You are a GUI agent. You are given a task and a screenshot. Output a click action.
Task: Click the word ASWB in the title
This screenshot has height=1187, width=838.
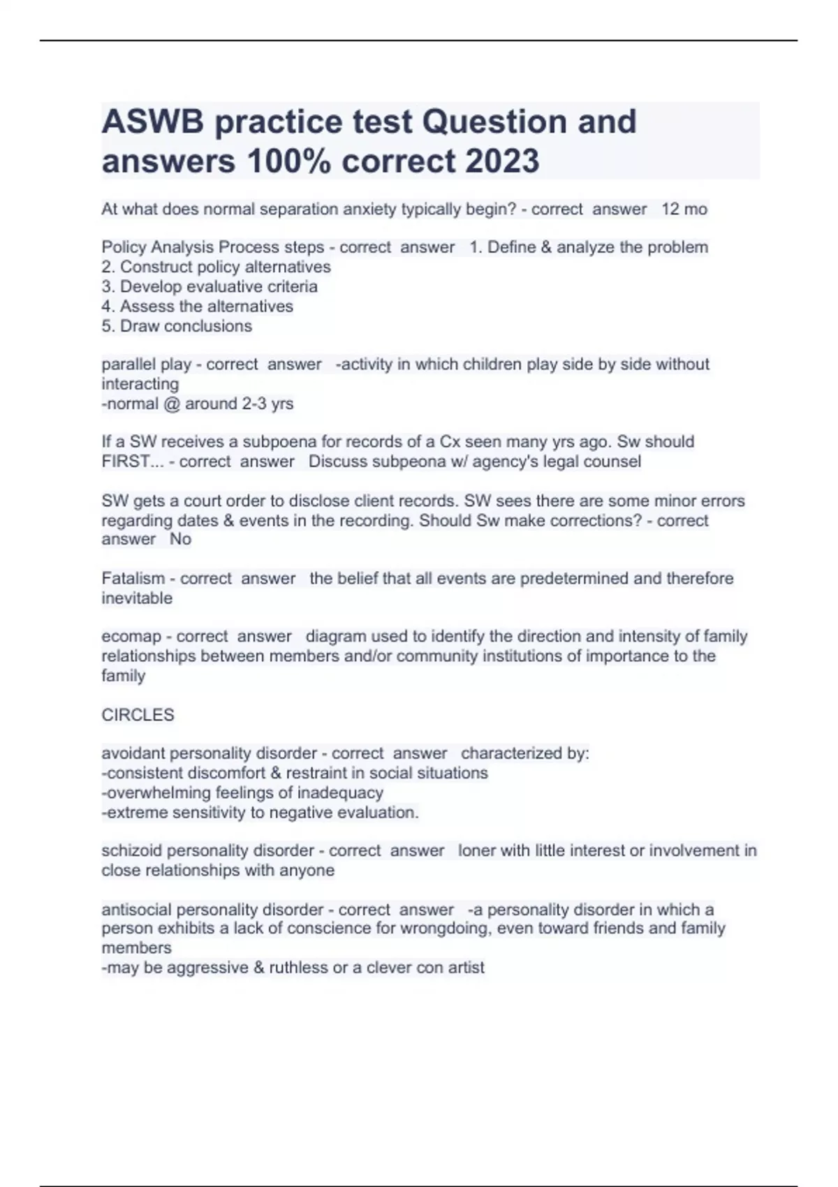pyautogui.click(x=153, y=122)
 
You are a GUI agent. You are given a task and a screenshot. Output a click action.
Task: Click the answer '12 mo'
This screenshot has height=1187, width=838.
pyautogui.click(x=684, y=209)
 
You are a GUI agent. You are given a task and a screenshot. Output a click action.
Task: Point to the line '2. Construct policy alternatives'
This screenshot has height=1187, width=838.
pyautogui.click(x=216, y=267)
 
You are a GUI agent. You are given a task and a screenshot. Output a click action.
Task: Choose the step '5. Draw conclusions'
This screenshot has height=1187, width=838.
pyautogui.click(x=177, y=326)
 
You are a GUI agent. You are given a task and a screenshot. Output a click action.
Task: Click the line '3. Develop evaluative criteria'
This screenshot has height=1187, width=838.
pyautogui.click(x=209, y=286)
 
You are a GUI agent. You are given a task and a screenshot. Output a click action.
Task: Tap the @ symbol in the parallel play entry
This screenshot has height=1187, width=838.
pyautogui.click(x=171, y=404)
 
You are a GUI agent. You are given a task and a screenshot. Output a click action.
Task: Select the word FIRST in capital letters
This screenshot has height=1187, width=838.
pyautogui.click(x=126, y=462)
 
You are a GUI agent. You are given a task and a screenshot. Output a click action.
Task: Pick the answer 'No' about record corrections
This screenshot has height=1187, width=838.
pyautogui.click(x=180, y=539)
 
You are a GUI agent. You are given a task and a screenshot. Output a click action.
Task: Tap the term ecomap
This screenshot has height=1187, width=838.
pyautogui.click(x=131, y=636)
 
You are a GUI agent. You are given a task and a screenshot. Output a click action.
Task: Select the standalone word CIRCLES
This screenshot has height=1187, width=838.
pyautogui.click(x=138, y=715)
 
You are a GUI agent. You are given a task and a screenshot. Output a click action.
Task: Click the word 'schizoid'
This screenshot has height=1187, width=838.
pyautogui.click(x=131, y=850)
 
